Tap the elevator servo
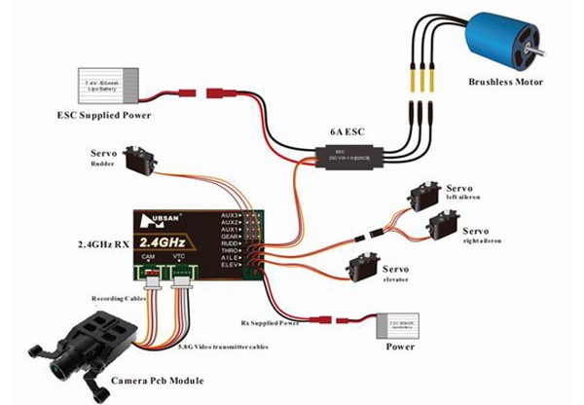point(363,264)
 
